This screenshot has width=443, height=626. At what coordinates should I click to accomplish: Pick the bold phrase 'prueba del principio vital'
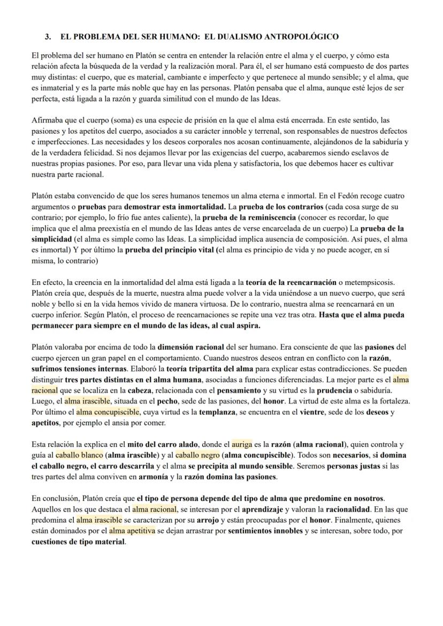170,251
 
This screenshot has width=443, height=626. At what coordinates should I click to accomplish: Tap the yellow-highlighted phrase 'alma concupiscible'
108,412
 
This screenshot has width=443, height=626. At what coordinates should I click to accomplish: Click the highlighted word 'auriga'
241,444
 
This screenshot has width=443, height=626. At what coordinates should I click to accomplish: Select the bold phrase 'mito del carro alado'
166,444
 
